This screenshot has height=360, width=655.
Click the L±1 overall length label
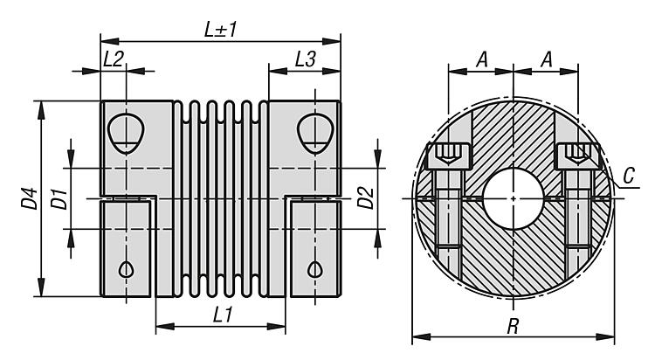221,29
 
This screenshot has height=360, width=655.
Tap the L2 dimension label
114,60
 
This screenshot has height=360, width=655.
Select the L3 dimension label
305,60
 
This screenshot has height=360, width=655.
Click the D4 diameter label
30,199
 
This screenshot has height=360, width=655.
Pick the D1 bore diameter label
59,198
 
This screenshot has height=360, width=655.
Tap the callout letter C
629,177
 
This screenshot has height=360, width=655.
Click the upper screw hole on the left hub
128,131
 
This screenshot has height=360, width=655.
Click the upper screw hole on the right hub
314,131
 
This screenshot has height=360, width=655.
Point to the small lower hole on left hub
128,269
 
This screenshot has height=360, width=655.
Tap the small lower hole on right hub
314,269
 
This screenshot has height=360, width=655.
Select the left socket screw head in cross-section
448,156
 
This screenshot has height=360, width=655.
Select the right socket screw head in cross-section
577,156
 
